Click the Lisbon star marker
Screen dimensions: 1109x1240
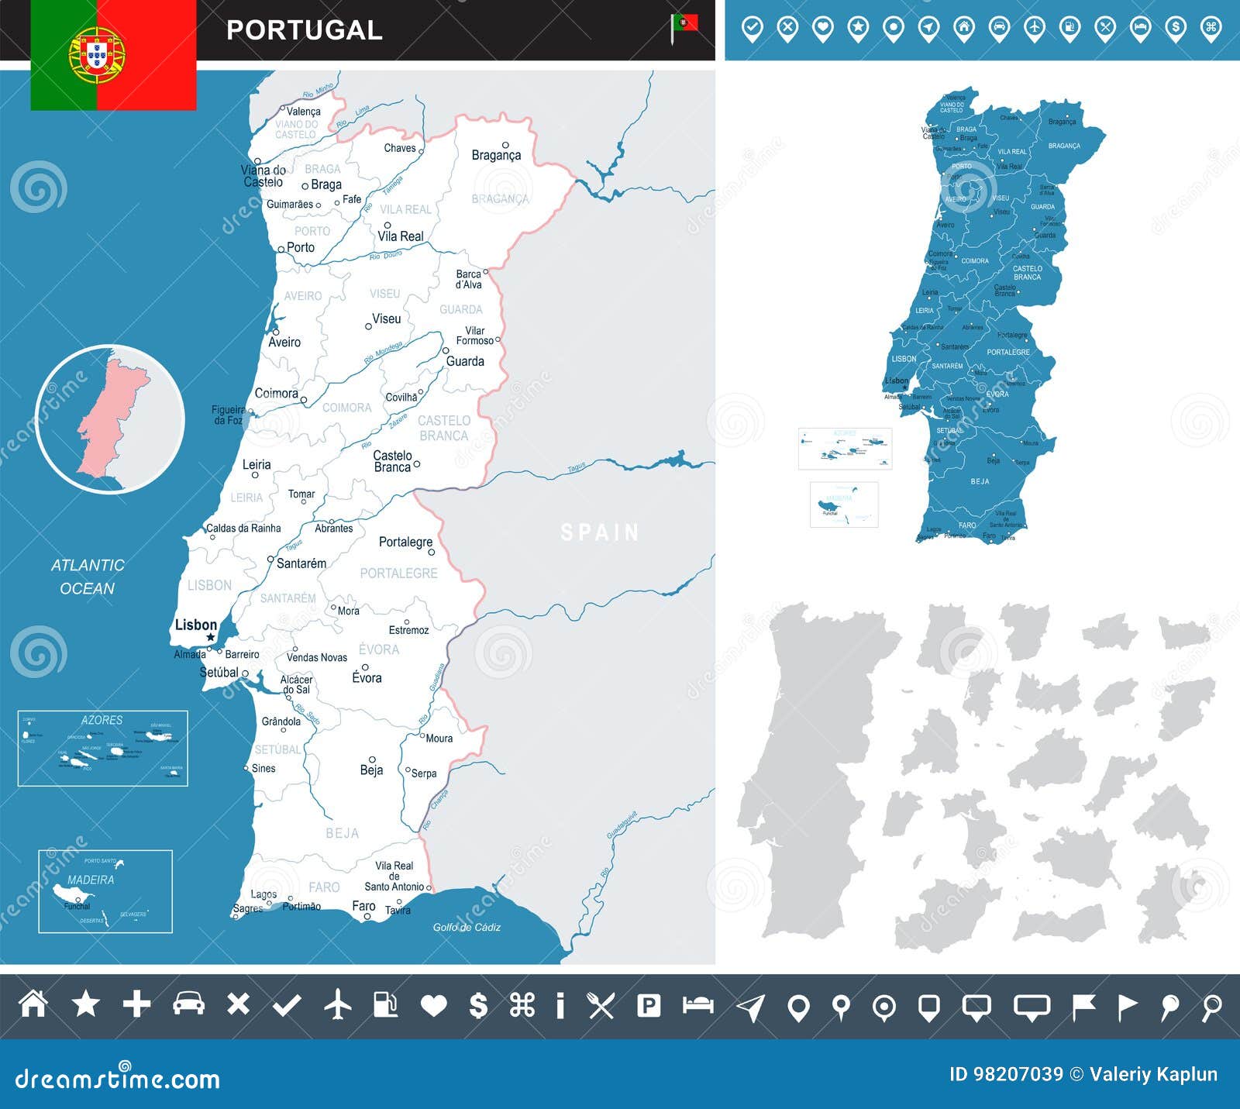(x=210, y=638)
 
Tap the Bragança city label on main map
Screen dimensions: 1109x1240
(x=496, y=155)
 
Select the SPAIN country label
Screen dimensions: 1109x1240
(x=600, y=532)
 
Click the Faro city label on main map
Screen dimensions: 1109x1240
(x=363, y=905)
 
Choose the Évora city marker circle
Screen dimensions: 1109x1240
(x=365, y=666)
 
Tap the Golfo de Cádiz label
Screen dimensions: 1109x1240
(x=467, y=927)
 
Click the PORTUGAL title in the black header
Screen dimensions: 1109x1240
(x=305, y=30)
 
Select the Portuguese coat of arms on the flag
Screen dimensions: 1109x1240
(x=97, y=54)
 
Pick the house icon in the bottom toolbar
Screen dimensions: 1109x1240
(x=33, y=1004)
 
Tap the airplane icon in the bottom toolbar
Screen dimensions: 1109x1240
(x=337, y=1005)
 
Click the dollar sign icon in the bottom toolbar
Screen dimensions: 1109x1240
(x=478, y=1005)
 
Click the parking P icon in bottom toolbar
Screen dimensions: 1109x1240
(x=648, y=1005)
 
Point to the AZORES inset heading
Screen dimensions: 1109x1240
(x=102, y=720)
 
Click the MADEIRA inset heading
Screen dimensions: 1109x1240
(x=91, y=880)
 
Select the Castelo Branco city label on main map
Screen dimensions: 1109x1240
(x=392, y=461)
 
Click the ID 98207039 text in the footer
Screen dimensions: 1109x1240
(x=1006, y=1074)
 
